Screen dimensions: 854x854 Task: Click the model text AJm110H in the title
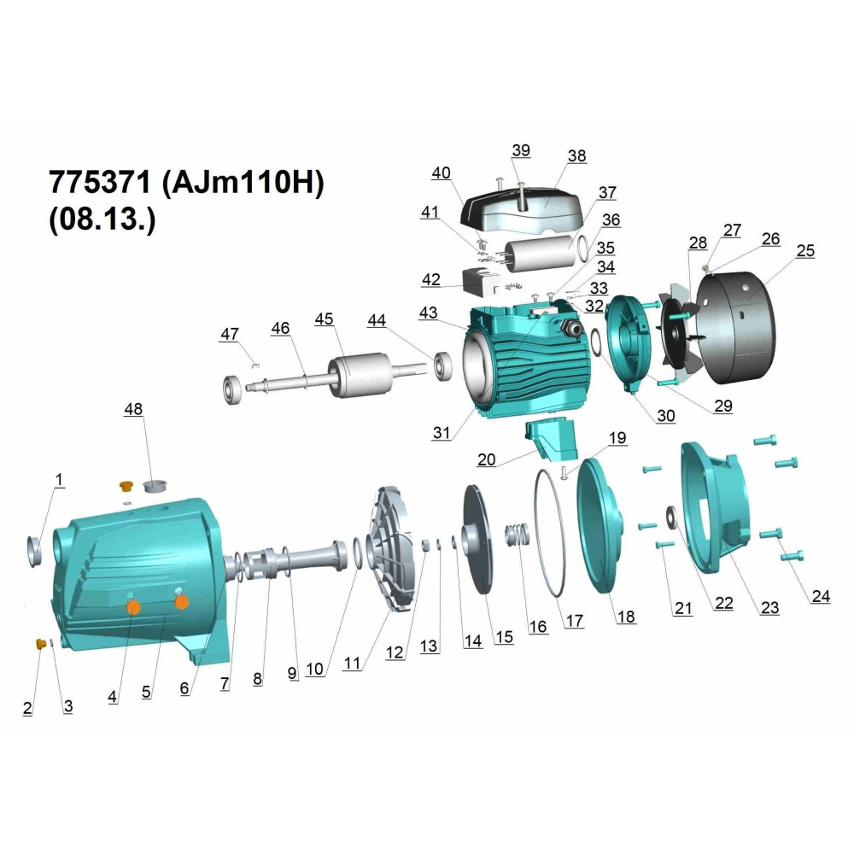(243, 182)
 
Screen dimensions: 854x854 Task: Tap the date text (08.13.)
(102, 219)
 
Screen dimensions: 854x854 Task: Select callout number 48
(133, 409)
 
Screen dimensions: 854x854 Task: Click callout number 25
(805, 250)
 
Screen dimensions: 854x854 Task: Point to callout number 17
(575, 620)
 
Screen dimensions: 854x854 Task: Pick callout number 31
(442, 432)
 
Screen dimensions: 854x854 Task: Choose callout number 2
(27, 708)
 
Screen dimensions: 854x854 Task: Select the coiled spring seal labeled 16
(518, 535)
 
